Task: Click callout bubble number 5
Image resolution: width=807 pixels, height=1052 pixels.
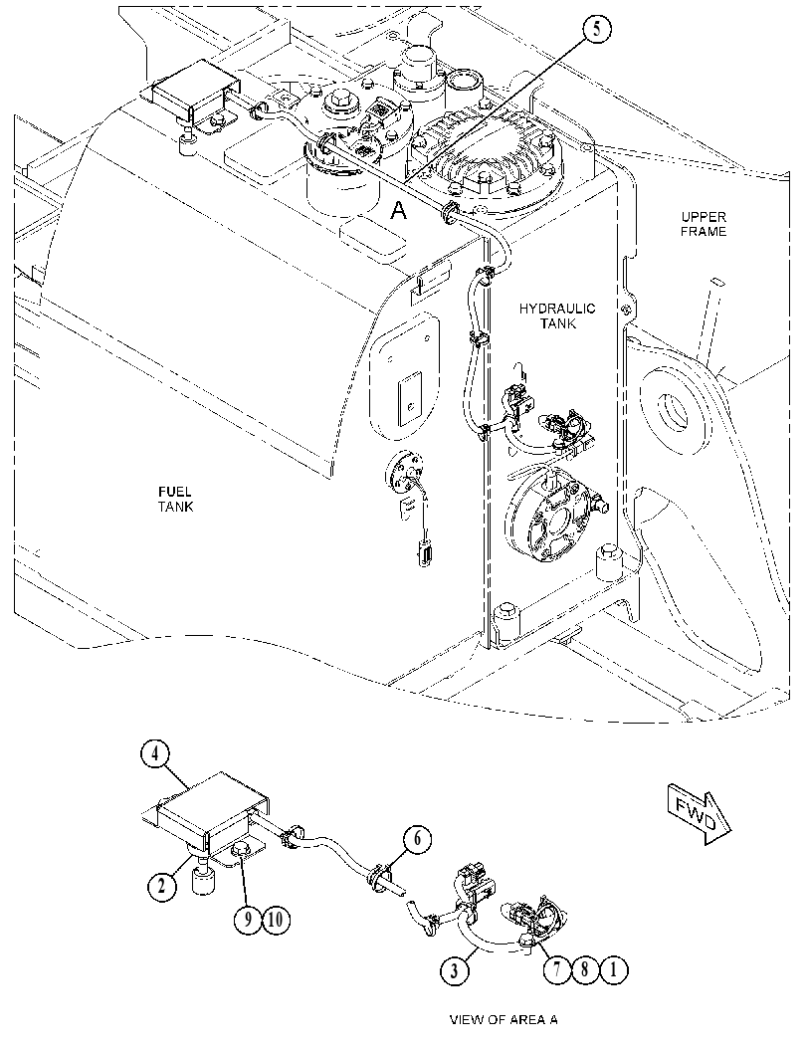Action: coord(596,30)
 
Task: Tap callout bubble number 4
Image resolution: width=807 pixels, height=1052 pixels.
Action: coord(155,753)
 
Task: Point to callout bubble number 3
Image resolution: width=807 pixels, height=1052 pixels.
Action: coord(455,970)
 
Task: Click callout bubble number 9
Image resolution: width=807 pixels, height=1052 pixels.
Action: coord(248,919)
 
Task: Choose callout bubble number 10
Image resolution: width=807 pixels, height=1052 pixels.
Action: coord(276,919)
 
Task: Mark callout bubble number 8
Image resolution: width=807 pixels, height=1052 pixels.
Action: coord(585,969)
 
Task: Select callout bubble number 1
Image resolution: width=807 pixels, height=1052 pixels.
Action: coord(613,969)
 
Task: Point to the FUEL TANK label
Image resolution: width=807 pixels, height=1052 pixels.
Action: coord(176,500)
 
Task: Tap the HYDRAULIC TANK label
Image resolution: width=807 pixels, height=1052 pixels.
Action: coord(557,316)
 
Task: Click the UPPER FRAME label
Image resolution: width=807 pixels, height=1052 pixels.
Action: coord(704,224)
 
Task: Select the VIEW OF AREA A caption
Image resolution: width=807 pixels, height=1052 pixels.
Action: coord(504,1019)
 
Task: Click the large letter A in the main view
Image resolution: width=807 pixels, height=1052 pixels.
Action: coord(398,211)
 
